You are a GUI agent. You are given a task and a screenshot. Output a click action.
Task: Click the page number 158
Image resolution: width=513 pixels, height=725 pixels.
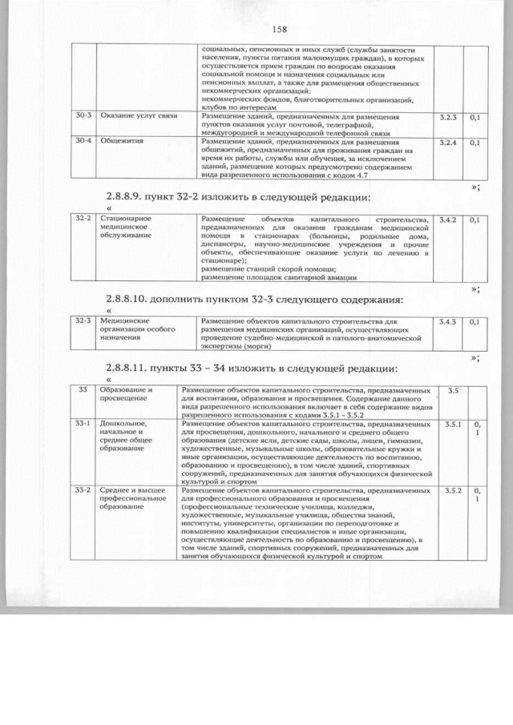[x=280, y=30]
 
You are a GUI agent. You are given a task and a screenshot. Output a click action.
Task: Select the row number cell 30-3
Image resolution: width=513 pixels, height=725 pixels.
[x=83, y=117]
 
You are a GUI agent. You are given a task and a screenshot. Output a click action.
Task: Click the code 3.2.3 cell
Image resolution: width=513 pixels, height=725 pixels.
[x=449, y=118]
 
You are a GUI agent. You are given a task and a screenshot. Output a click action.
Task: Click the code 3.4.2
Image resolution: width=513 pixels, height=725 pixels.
[x=449, y=220]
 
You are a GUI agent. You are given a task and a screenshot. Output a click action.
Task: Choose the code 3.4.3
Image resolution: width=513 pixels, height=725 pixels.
[x=449, y=322]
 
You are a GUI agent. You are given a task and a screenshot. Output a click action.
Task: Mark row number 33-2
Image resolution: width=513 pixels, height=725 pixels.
[x=83, y=489]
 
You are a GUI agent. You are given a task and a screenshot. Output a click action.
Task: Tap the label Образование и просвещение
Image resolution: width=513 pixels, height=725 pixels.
[x=126, y=393]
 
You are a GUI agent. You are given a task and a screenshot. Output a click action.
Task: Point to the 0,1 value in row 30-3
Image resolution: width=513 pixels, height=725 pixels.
[x=475, y=118]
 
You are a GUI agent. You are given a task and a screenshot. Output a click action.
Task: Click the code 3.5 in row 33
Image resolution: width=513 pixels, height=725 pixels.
[x=452, y=390]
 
